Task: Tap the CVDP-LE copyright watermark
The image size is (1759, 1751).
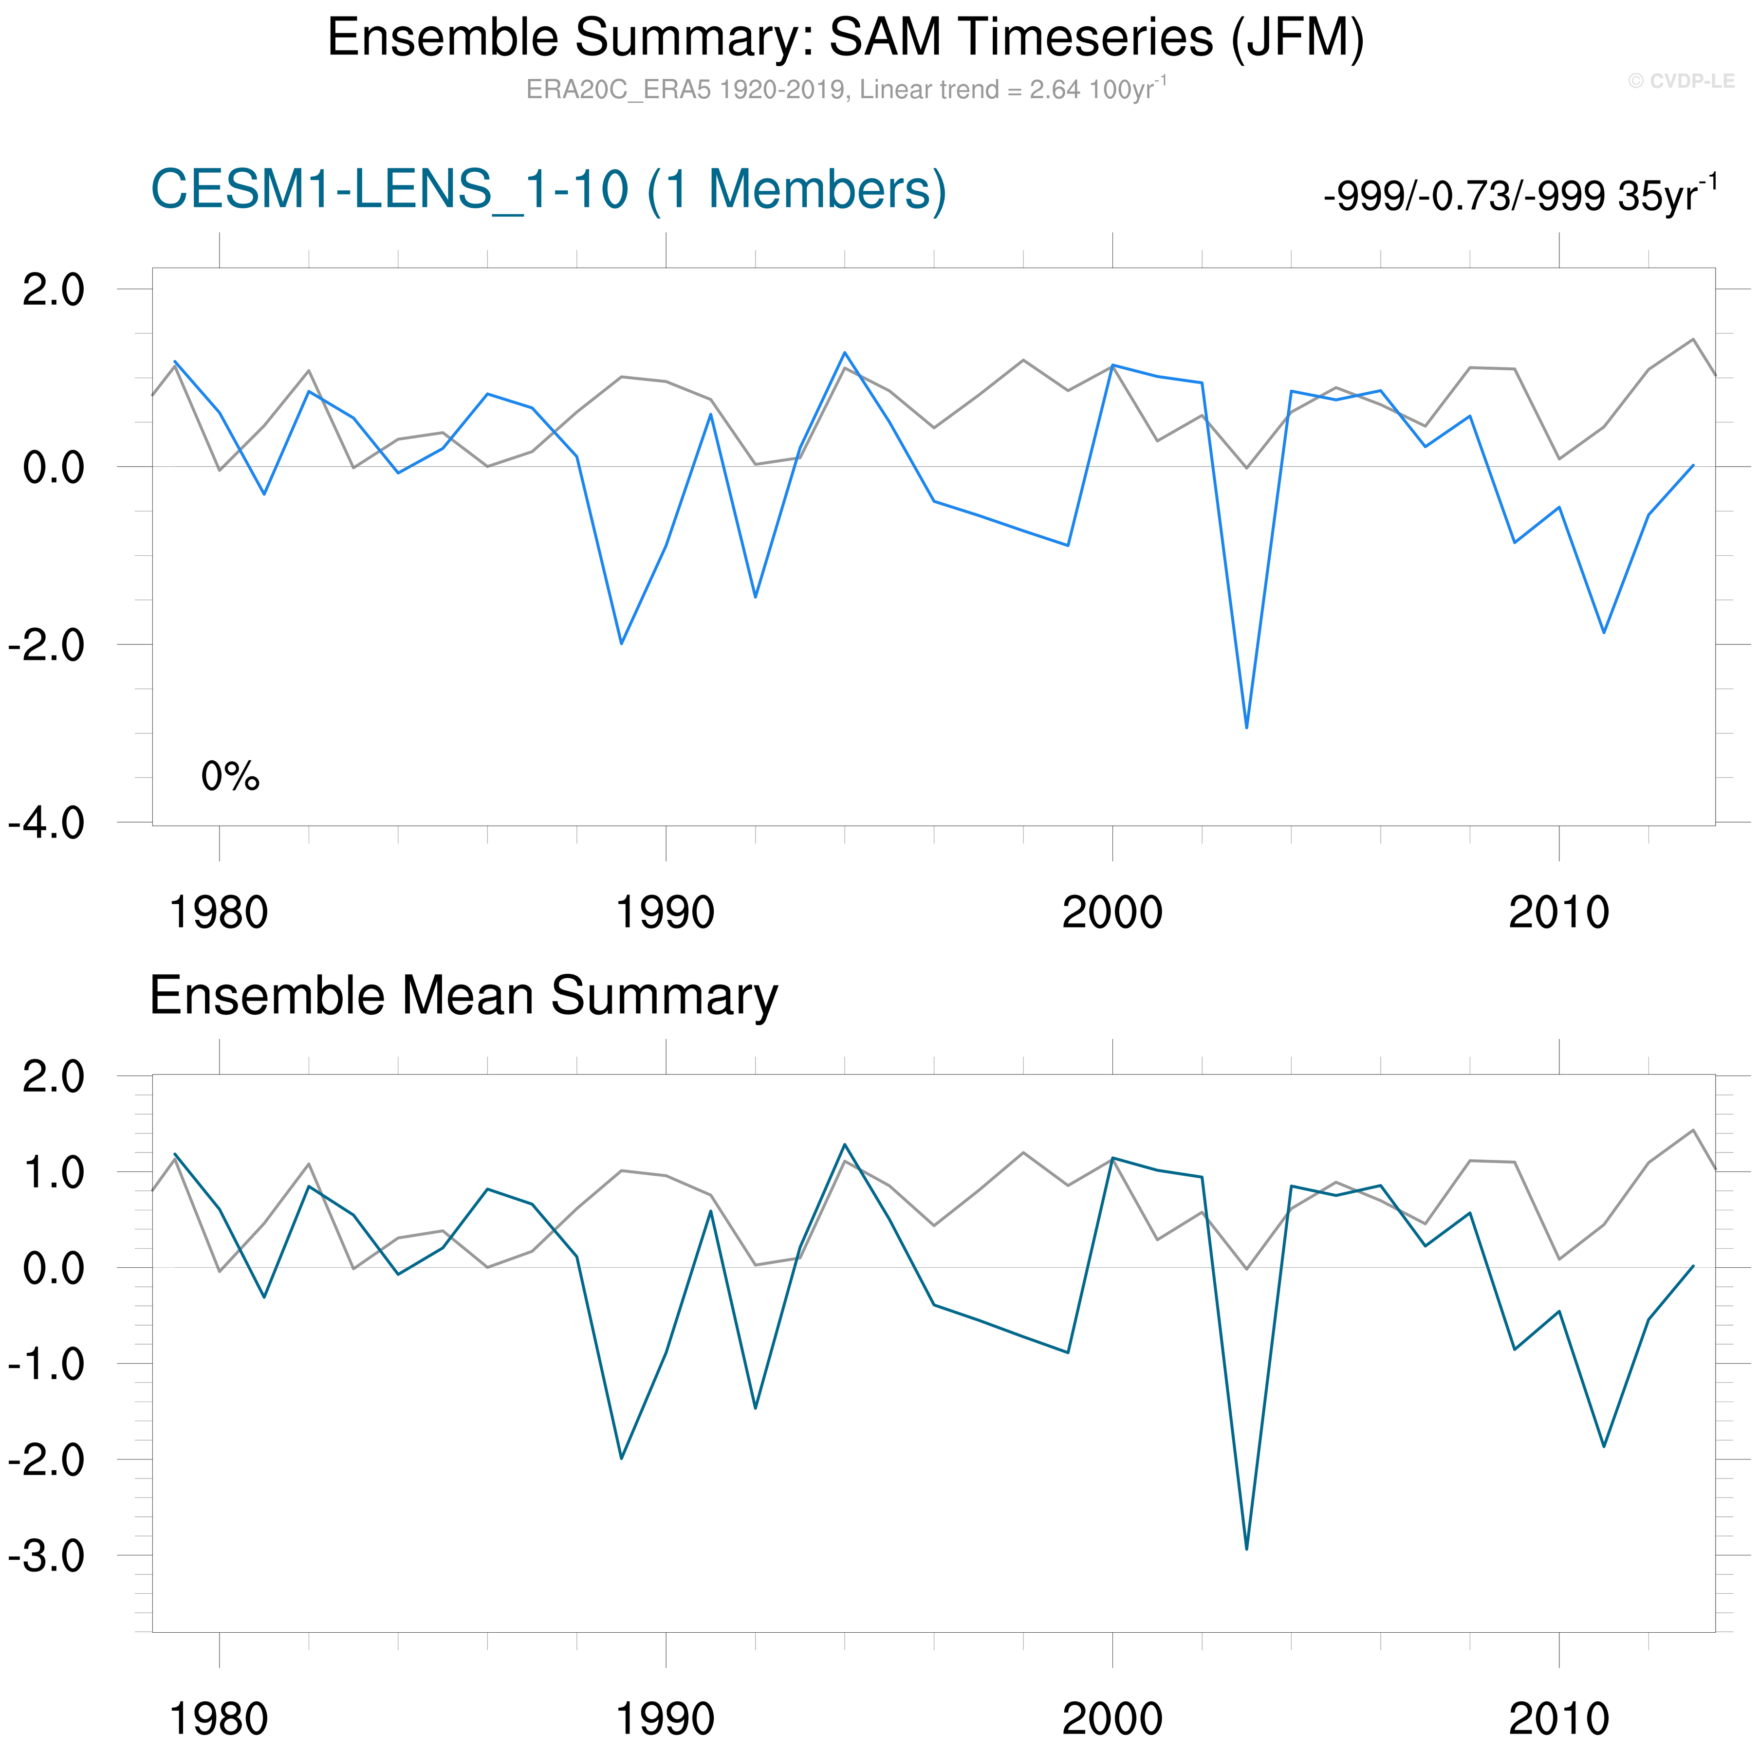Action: click(1681, 81)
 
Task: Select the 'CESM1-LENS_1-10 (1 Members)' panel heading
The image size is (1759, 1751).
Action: click(548, 190)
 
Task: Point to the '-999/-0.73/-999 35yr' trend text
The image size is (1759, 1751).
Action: click(1518, 195)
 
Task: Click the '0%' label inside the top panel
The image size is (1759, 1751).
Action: click(230, 776)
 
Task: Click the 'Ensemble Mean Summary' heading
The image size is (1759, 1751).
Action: click(463, 996)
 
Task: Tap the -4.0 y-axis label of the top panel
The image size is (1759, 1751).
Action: click(46, 823)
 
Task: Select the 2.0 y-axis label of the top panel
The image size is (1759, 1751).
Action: click(53, 291)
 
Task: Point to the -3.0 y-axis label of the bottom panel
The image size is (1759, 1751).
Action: click(46, 1556)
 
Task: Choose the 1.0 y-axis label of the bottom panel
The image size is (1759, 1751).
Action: click(53, 1173)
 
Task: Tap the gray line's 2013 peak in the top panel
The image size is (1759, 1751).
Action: click(1692, 340)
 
